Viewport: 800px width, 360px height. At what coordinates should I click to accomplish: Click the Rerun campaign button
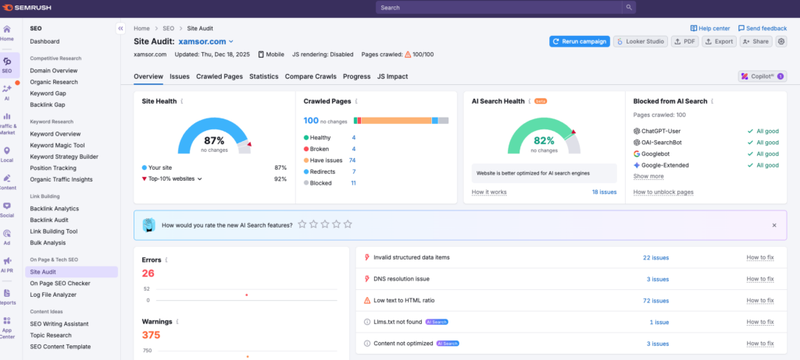[x=579, y=41]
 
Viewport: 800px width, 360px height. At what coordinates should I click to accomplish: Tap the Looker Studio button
[x=640, y=41]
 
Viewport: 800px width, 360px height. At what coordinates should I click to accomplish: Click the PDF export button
[x=685, y=41]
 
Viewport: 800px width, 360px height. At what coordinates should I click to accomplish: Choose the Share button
[x=756, y=41]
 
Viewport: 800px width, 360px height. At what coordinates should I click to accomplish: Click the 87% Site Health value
[x=213, y=141]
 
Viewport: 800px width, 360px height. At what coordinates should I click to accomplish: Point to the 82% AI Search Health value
[x=544, y=141]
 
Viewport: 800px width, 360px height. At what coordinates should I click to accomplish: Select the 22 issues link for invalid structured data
[x=655, y=257]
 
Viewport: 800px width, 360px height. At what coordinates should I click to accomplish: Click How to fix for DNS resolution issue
[x=759, y=279]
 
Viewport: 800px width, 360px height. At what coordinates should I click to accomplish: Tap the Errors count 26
[x=148, y=273]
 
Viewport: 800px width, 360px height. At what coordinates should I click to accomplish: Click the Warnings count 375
[x=151, y=335]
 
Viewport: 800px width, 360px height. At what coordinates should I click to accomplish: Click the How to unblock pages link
[x=664, y=191]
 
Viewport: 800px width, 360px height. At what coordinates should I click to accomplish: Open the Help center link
[x=712, y=28]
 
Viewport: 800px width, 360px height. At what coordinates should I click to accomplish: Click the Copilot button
[x=762, y=76]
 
